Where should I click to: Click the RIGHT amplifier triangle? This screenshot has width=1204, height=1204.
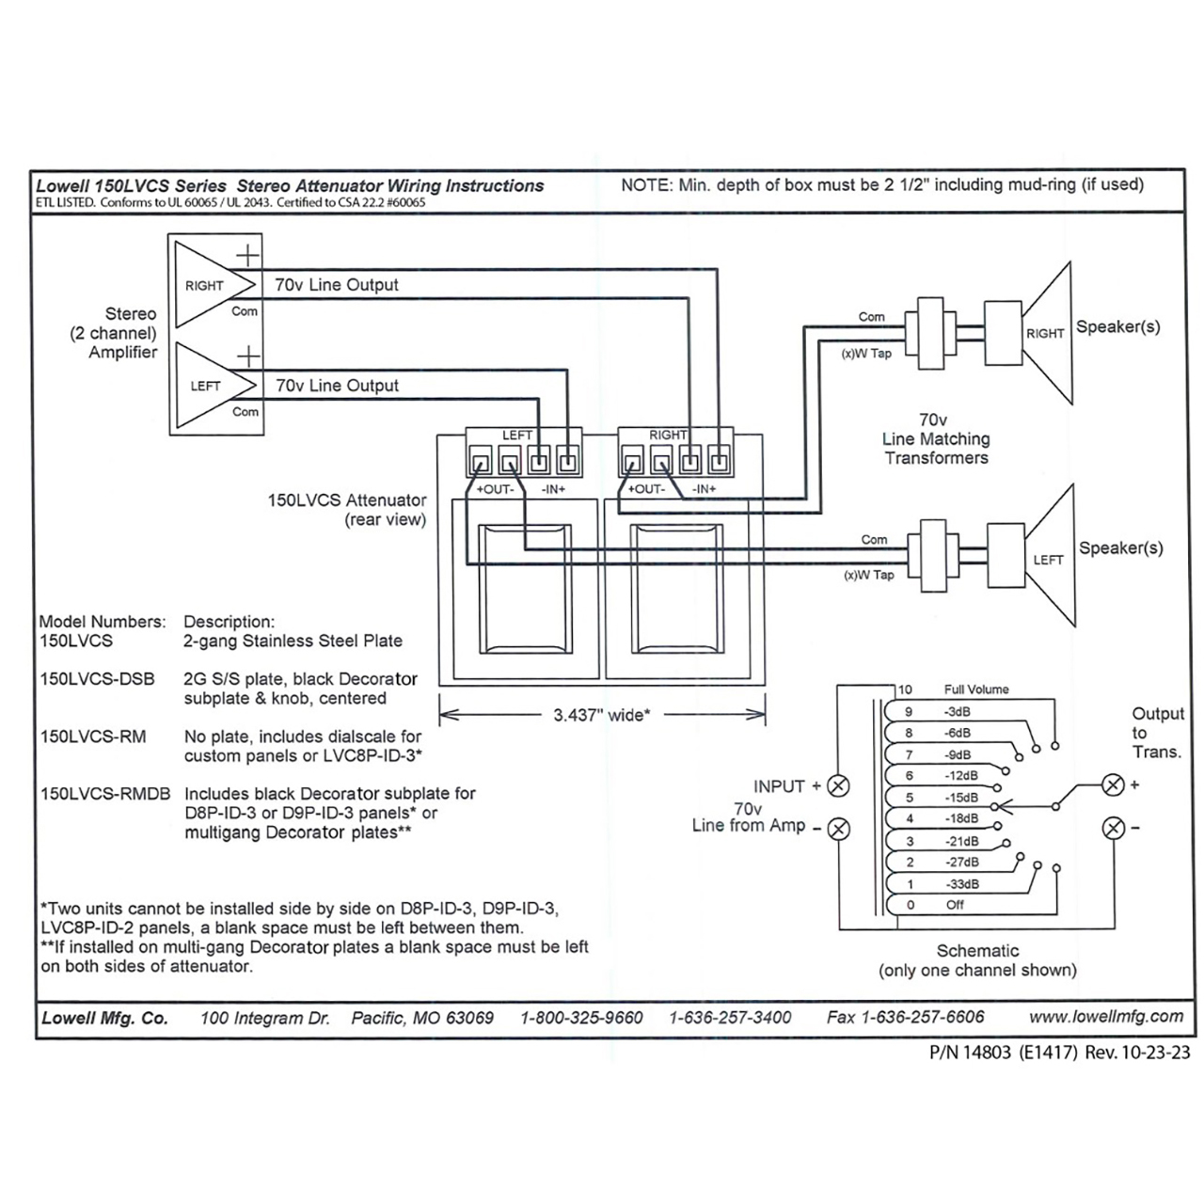point(211,285)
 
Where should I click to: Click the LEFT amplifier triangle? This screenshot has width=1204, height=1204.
point(213,386)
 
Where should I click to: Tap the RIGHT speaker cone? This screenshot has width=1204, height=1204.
point(1050,333)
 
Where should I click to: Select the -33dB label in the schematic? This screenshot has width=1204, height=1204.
point(961,884)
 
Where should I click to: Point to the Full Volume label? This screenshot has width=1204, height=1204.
point(976,689)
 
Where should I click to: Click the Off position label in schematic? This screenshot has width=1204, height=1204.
point(955,905)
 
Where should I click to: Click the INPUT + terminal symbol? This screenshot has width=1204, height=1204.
point(837,786)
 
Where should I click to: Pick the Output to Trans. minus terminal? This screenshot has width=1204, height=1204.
point(1113,828)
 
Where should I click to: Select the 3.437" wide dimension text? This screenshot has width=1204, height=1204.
point(601,715)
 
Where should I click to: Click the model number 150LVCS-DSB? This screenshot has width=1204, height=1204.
point(97,679)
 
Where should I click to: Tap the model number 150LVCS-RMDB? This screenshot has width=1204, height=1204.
point(105,794)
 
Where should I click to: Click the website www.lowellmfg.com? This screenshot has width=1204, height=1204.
point(1105,1016)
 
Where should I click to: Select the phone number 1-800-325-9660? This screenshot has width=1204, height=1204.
point(581,1017)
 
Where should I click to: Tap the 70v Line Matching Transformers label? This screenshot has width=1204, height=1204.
point(935,439)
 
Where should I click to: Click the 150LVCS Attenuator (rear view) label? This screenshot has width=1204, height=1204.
point(347,510)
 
